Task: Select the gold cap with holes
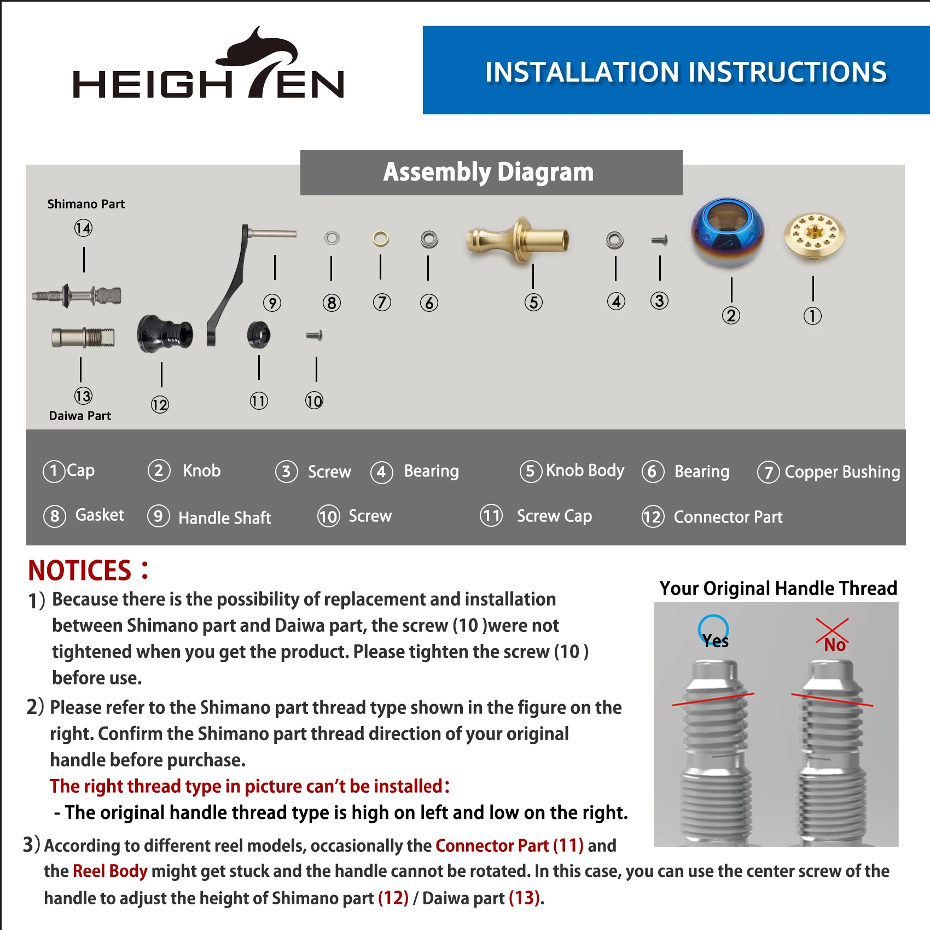814,236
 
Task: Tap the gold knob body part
518,240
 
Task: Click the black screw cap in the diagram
259,335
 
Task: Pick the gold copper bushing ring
381,239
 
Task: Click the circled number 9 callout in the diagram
272,303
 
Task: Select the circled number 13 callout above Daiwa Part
83,396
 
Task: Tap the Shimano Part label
86,204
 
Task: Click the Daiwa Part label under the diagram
80,416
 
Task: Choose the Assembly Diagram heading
489,172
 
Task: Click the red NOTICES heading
80,571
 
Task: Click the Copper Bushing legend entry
829,472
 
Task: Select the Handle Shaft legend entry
210,517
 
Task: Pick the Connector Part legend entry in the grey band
712,517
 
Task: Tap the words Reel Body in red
110,871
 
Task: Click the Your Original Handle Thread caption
778,588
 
